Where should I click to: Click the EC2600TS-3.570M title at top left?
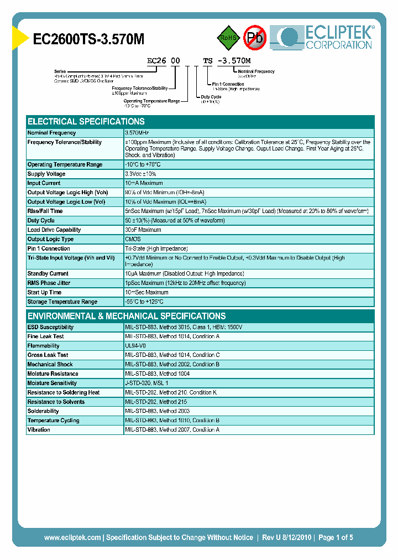point(89,39)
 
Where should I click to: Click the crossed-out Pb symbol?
point(255,38)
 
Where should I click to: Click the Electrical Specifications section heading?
point(86,121)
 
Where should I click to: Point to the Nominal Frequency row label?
point(52,133)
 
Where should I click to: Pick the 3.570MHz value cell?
point(138,133)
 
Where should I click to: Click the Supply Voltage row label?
point(46,174)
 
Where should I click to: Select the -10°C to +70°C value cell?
point(143,164)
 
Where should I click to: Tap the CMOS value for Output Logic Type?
point(133,239)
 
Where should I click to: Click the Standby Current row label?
point(48,273)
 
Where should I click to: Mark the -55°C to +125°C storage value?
point(144,302)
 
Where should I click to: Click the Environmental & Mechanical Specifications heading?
point(127,316)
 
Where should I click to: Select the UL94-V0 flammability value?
point(136,346)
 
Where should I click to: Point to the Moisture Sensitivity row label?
point(52,383)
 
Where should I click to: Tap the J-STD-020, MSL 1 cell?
point(146,383)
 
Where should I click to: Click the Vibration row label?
point(39,429)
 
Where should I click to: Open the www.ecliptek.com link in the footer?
point(72,537)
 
